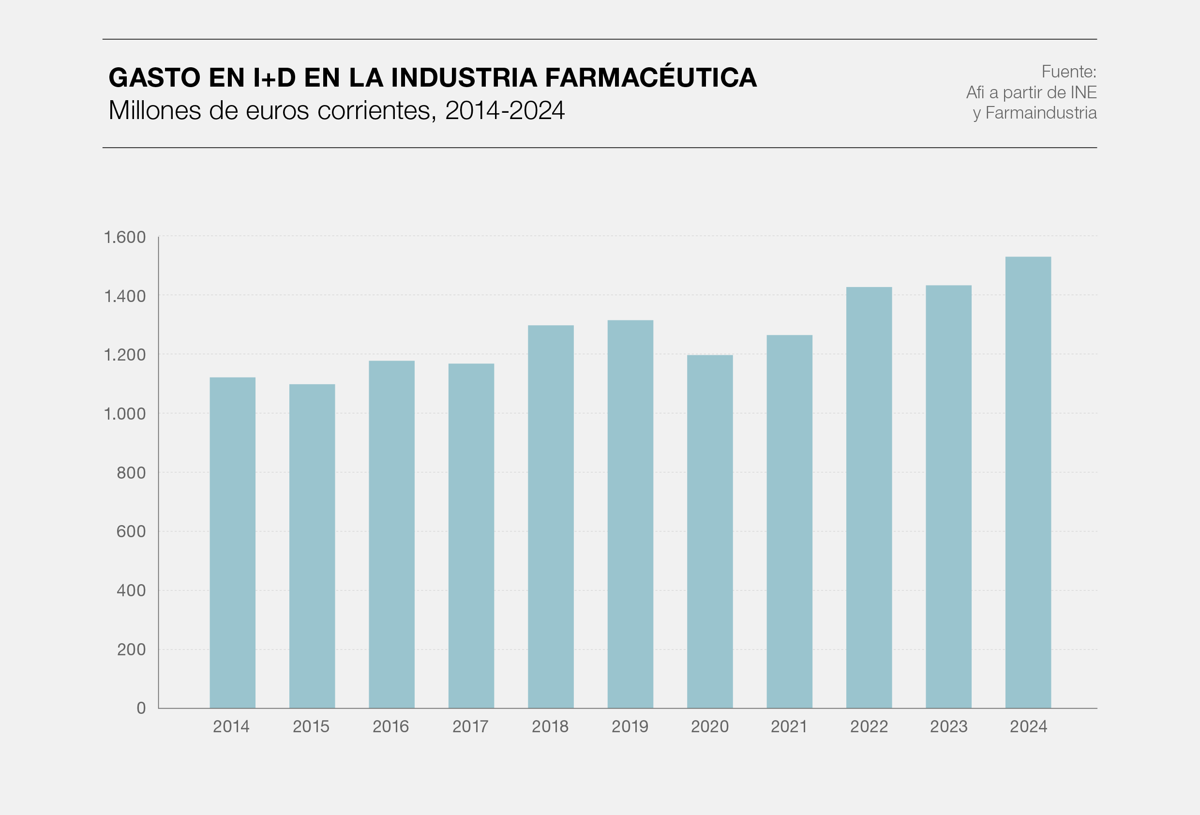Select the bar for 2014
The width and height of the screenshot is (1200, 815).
[x=232, y=543]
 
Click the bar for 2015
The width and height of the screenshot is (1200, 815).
[x=312, y=546]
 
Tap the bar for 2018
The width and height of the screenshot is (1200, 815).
[x=551, y=516]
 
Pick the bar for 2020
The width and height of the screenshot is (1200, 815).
[x=709, y=531]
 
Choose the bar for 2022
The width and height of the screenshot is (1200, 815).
[x=869, y=498]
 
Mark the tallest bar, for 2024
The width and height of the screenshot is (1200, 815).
[x=1028, y=483]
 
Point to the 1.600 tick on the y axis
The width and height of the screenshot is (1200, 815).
[x=125, y=237]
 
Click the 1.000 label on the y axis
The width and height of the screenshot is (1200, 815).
[x=125, y=414]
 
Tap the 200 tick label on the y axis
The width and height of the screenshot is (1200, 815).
[x=131, y=649]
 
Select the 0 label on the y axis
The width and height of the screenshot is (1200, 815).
[x=141, y=708]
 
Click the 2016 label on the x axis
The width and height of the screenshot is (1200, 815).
[x=390, y=727]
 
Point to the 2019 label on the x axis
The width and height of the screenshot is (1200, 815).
[x=630, y=727]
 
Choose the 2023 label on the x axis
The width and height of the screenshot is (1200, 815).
[x=948, y=727]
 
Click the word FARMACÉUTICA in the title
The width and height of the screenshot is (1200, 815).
[x=651, y=77]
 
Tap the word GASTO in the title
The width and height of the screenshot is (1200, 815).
[x=154, y=77]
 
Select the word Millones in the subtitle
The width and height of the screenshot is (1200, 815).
[x=154, y=110]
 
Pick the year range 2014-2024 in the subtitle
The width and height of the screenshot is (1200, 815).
[x=505, y=110]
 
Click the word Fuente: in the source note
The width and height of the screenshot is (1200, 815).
[x=1068, y=72]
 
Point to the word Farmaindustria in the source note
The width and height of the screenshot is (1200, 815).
[x=1041, y=113]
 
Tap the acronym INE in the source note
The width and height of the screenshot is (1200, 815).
[x=1083, y=92]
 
